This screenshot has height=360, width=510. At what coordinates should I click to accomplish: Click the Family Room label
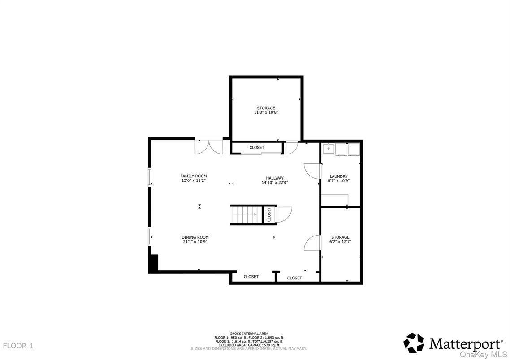(x=194, y=176)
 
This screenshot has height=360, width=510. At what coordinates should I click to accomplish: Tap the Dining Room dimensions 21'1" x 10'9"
(x=195, y=242)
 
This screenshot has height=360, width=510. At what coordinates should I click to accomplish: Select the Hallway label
(x=275, y=178)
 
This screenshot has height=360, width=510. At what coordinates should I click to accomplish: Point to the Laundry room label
(x=339, y=176)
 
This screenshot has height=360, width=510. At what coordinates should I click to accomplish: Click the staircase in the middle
(x=246, y=215)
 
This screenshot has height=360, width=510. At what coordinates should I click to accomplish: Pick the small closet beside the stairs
(x=269, y=215)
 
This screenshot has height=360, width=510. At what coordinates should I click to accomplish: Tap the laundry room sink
(x=329, y=149)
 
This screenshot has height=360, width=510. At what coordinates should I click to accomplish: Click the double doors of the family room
(x=209, y=146)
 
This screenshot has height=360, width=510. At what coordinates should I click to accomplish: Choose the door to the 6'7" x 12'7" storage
(x=312, y=243)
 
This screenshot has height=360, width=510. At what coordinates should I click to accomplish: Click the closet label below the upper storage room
(x=257, y=147)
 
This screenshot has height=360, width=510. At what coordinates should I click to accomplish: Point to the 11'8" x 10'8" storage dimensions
(x=266, y=112)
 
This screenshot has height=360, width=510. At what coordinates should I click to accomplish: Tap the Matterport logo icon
(x=414, y=343)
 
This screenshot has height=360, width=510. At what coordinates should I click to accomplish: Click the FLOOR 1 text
(x=18, y=346)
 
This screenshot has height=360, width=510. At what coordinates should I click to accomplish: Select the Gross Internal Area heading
(x=249, y=334)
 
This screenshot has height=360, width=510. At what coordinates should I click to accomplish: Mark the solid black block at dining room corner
(x=153, y=263)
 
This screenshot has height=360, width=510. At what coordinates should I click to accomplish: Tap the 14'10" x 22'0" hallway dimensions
(x=275, y=183)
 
